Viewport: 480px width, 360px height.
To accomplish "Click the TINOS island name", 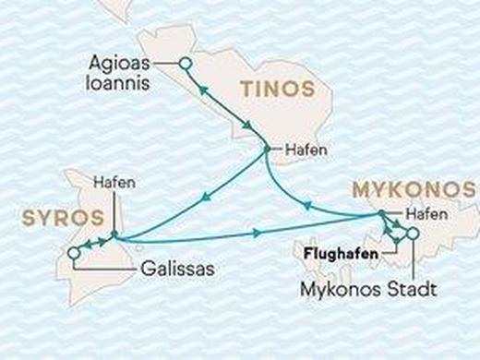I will tap(276, 90).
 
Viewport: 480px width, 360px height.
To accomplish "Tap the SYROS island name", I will tap(50, 218).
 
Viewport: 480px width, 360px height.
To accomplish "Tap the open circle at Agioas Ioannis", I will tap(185, 64).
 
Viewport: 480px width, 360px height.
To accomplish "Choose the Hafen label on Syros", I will tap(114, 182).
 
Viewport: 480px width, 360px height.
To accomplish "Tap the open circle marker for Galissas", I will tap(73, 253).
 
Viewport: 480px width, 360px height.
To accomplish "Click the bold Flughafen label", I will tap(342, 249).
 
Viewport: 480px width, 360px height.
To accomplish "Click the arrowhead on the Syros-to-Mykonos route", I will tap(256, 232).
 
